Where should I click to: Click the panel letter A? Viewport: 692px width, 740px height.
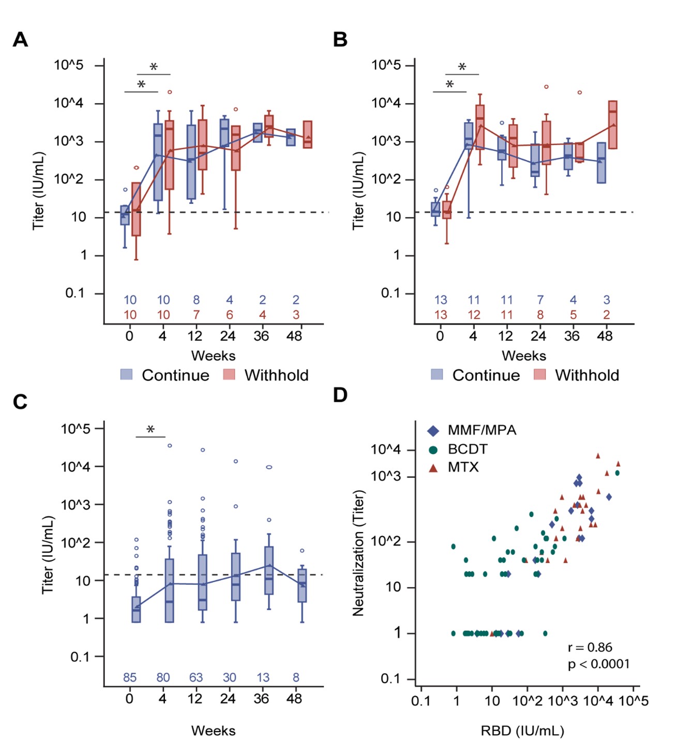pyautogui.click(x=20, y=40)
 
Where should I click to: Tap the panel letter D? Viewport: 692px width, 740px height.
pyautogui.click(x=340, y=395)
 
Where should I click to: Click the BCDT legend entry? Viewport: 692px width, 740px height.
pyautogui.click(x=467, y=449)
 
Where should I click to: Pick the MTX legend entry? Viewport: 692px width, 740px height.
pyautogui.click(x=463, y=467)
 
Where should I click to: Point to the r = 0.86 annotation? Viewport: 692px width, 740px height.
pyautogui.click(x=590, y=647)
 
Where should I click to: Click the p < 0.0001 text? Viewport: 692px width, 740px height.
pyautogui.click(x=599, y=664)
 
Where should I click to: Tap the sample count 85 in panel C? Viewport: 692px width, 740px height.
pyautogui.click(x=130, y=677)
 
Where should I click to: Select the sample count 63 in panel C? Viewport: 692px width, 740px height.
pyautogui.click(x=196, y=677)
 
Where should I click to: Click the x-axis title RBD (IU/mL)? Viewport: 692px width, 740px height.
pyautogui.click(x=522, y=731)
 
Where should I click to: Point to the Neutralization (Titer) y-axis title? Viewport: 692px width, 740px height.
pyautogui.click(x=358, y=552)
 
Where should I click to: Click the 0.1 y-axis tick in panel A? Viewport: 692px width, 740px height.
pyautogui.click(x=74, y=293)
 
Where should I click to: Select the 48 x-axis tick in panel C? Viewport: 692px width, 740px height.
pyautogui.click(x=294, y=699)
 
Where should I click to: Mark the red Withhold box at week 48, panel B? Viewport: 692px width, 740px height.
pyautogui.click(x=613, y=125)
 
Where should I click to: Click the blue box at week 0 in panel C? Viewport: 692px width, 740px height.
pyautogui.click(x=136, y=609)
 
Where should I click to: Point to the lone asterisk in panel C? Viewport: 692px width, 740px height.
pyautogui.click(x=151, y=430)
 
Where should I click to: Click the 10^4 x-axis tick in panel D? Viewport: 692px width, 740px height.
pyautogui.click(x=598, y=701)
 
